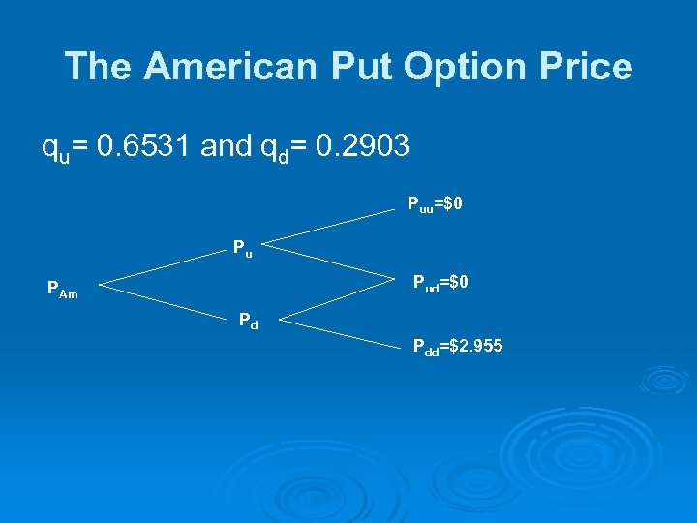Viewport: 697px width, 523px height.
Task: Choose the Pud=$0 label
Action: [441, 284]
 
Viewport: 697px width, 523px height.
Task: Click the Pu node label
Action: [242, 248]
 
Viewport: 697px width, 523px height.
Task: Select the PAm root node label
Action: [63, 288]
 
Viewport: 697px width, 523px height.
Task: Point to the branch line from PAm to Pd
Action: [165, 301]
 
